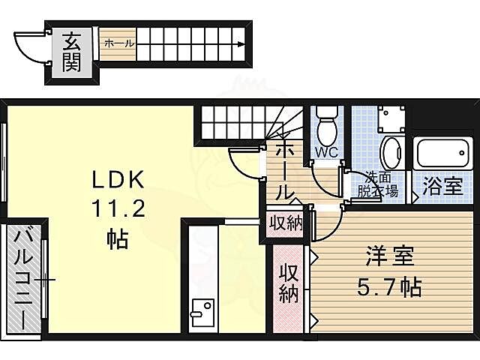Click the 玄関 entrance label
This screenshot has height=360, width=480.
[x=72, y=52]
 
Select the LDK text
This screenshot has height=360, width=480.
[x=118, y=181]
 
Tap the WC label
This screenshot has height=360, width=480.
[x=326, y=153]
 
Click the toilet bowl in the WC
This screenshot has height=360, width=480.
[x=326, y=127]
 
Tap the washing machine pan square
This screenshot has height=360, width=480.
[x=391, y=120]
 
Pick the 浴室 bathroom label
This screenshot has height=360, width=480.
[x=442, y=187]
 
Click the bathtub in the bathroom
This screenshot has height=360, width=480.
[x=442, y=154]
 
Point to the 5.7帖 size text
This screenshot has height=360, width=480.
[x=388, y=286]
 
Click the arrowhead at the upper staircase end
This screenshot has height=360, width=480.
[x=241, y=43]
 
